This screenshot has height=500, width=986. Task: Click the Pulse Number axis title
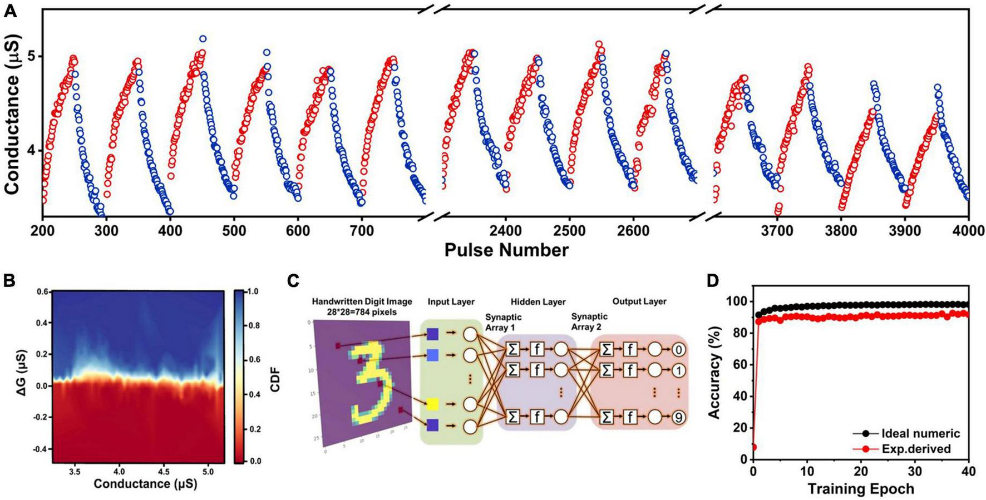[506, 250]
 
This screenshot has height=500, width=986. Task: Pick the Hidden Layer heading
[538, 301]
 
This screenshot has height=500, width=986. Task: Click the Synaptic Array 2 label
[586, 321]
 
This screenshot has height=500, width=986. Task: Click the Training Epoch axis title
[860, 489]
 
